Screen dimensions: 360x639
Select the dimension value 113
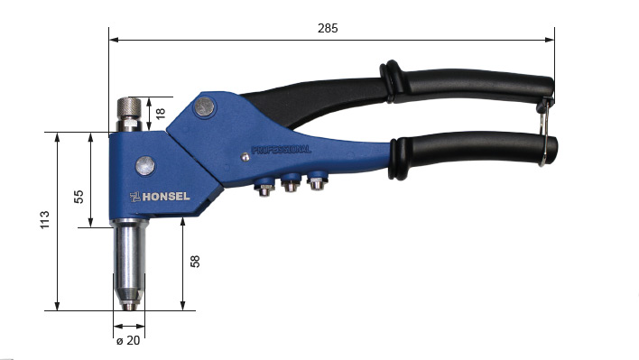click(x=44, y=220)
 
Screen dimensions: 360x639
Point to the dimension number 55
click(x=79, y=196)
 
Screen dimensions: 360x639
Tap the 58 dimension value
click(x=195, y=262)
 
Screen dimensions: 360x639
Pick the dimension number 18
click(x=162, y=114)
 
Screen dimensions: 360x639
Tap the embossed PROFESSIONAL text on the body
click(x=281, y=149)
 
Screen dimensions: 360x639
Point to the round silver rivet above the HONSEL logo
click(x=144, y=165)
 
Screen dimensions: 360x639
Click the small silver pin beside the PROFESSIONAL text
click(x=245, y=157)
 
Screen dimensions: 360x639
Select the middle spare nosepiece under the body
click(x=291, y=185)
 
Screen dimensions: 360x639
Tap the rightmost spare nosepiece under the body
click(x=315, y=183)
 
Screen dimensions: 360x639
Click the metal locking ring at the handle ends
click(x=544, y=134)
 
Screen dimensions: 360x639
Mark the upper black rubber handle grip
click(x=469, y=86)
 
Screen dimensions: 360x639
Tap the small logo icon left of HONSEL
click(x=134, y=197)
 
